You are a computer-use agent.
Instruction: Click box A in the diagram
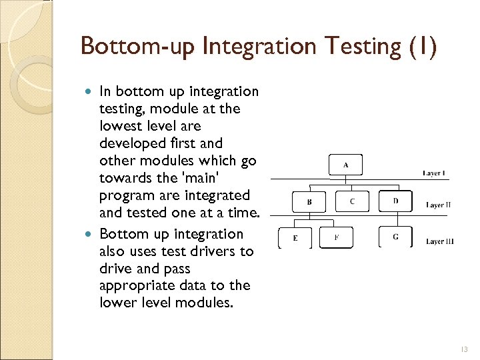coord(345,165)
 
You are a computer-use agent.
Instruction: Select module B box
coord(309,201)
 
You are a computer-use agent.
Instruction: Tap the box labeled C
coord(352,200)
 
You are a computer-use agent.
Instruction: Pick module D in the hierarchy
coord(395,200)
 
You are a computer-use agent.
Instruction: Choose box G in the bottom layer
coord(395,237)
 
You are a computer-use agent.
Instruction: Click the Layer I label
coord(434,173)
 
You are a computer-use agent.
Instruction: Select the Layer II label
coord(438,205)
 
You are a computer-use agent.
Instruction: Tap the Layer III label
coord(439,241)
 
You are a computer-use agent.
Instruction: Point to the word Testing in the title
coord(359,47)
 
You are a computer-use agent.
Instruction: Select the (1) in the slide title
coord(422,47)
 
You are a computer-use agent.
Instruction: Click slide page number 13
coord(464,349)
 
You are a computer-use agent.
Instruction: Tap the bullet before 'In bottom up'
coord(91,91)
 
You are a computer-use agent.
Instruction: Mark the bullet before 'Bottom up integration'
coord(91,234)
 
